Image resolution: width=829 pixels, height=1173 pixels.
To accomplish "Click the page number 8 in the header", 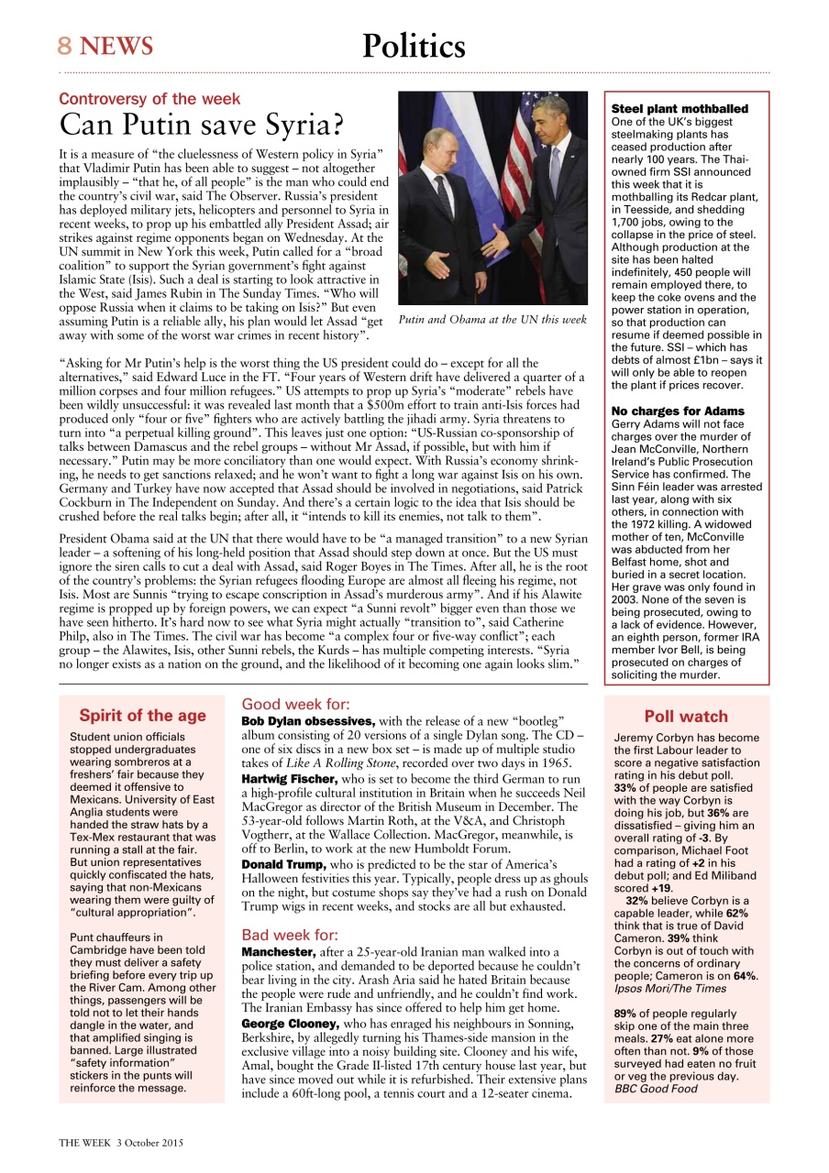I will [x=65, y=46].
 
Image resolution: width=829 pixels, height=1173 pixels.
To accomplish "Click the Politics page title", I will [x=414, y=46].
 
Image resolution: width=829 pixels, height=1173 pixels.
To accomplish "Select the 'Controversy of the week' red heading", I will [x=149, y=99].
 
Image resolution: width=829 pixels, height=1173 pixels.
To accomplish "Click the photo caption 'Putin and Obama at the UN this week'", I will [x=492, y=320].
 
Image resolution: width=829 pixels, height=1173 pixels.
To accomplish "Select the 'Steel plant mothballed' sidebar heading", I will [x=679, y=109].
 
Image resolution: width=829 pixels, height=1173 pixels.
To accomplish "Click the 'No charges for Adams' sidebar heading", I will [x=677, y=411].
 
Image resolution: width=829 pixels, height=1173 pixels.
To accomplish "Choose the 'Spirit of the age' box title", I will [x=142, y=716].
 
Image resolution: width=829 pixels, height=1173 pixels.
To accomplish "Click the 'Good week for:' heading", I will [x=295, y=705].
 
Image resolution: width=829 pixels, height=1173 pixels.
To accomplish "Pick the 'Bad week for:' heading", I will [x=290, y=936].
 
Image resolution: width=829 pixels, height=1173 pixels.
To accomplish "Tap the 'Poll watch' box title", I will [x=686, y=717].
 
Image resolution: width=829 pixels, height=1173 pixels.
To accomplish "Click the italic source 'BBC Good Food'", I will [x=656, y=1089].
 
